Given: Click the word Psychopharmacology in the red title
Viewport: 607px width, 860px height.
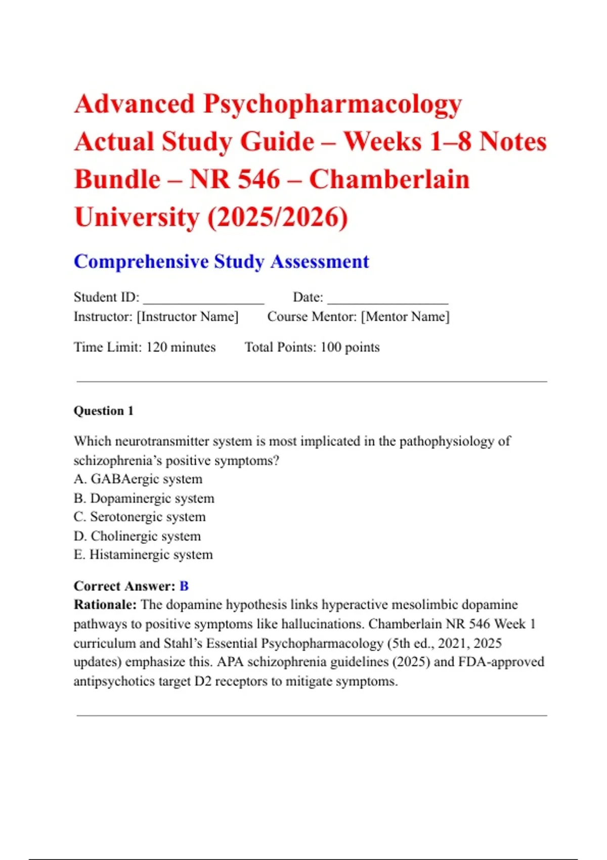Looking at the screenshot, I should click(332, 105).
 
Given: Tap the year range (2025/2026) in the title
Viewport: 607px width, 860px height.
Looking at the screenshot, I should click(277, 218).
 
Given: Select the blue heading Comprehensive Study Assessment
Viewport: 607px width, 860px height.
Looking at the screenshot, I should click(221, 262).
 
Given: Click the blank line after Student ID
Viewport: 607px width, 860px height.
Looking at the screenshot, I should click(203, 298).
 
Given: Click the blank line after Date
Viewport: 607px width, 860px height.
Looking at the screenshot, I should click(387, 298).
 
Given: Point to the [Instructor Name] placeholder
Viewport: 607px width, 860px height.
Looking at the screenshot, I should click(188, 317).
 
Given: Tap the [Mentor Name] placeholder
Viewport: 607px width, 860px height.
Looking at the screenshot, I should click(405, 317).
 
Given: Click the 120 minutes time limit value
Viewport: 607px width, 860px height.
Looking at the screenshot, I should click(181, 347).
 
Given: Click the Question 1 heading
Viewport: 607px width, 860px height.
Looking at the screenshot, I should click(104, 411).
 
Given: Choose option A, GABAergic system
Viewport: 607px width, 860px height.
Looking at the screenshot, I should click(138, 479).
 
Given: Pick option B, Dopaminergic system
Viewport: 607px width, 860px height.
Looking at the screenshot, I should click(144, 498).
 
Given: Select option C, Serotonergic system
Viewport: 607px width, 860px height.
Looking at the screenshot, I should click(140, 517).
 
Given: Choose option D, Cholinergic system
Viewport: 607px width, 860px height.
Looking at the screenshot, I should click(137, 536).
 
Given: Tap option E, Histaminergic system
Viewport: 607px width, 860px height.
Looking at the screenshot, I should click(143, 555).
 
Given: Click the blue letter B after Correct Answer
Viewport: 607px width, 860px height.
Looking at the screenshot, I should click(184, 586).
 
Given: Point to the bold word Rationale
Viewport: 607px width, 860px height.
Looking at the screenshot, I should click(105, 605).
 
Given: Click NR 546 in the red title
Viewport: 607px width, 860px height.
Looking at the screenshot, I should click(235, 180).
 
